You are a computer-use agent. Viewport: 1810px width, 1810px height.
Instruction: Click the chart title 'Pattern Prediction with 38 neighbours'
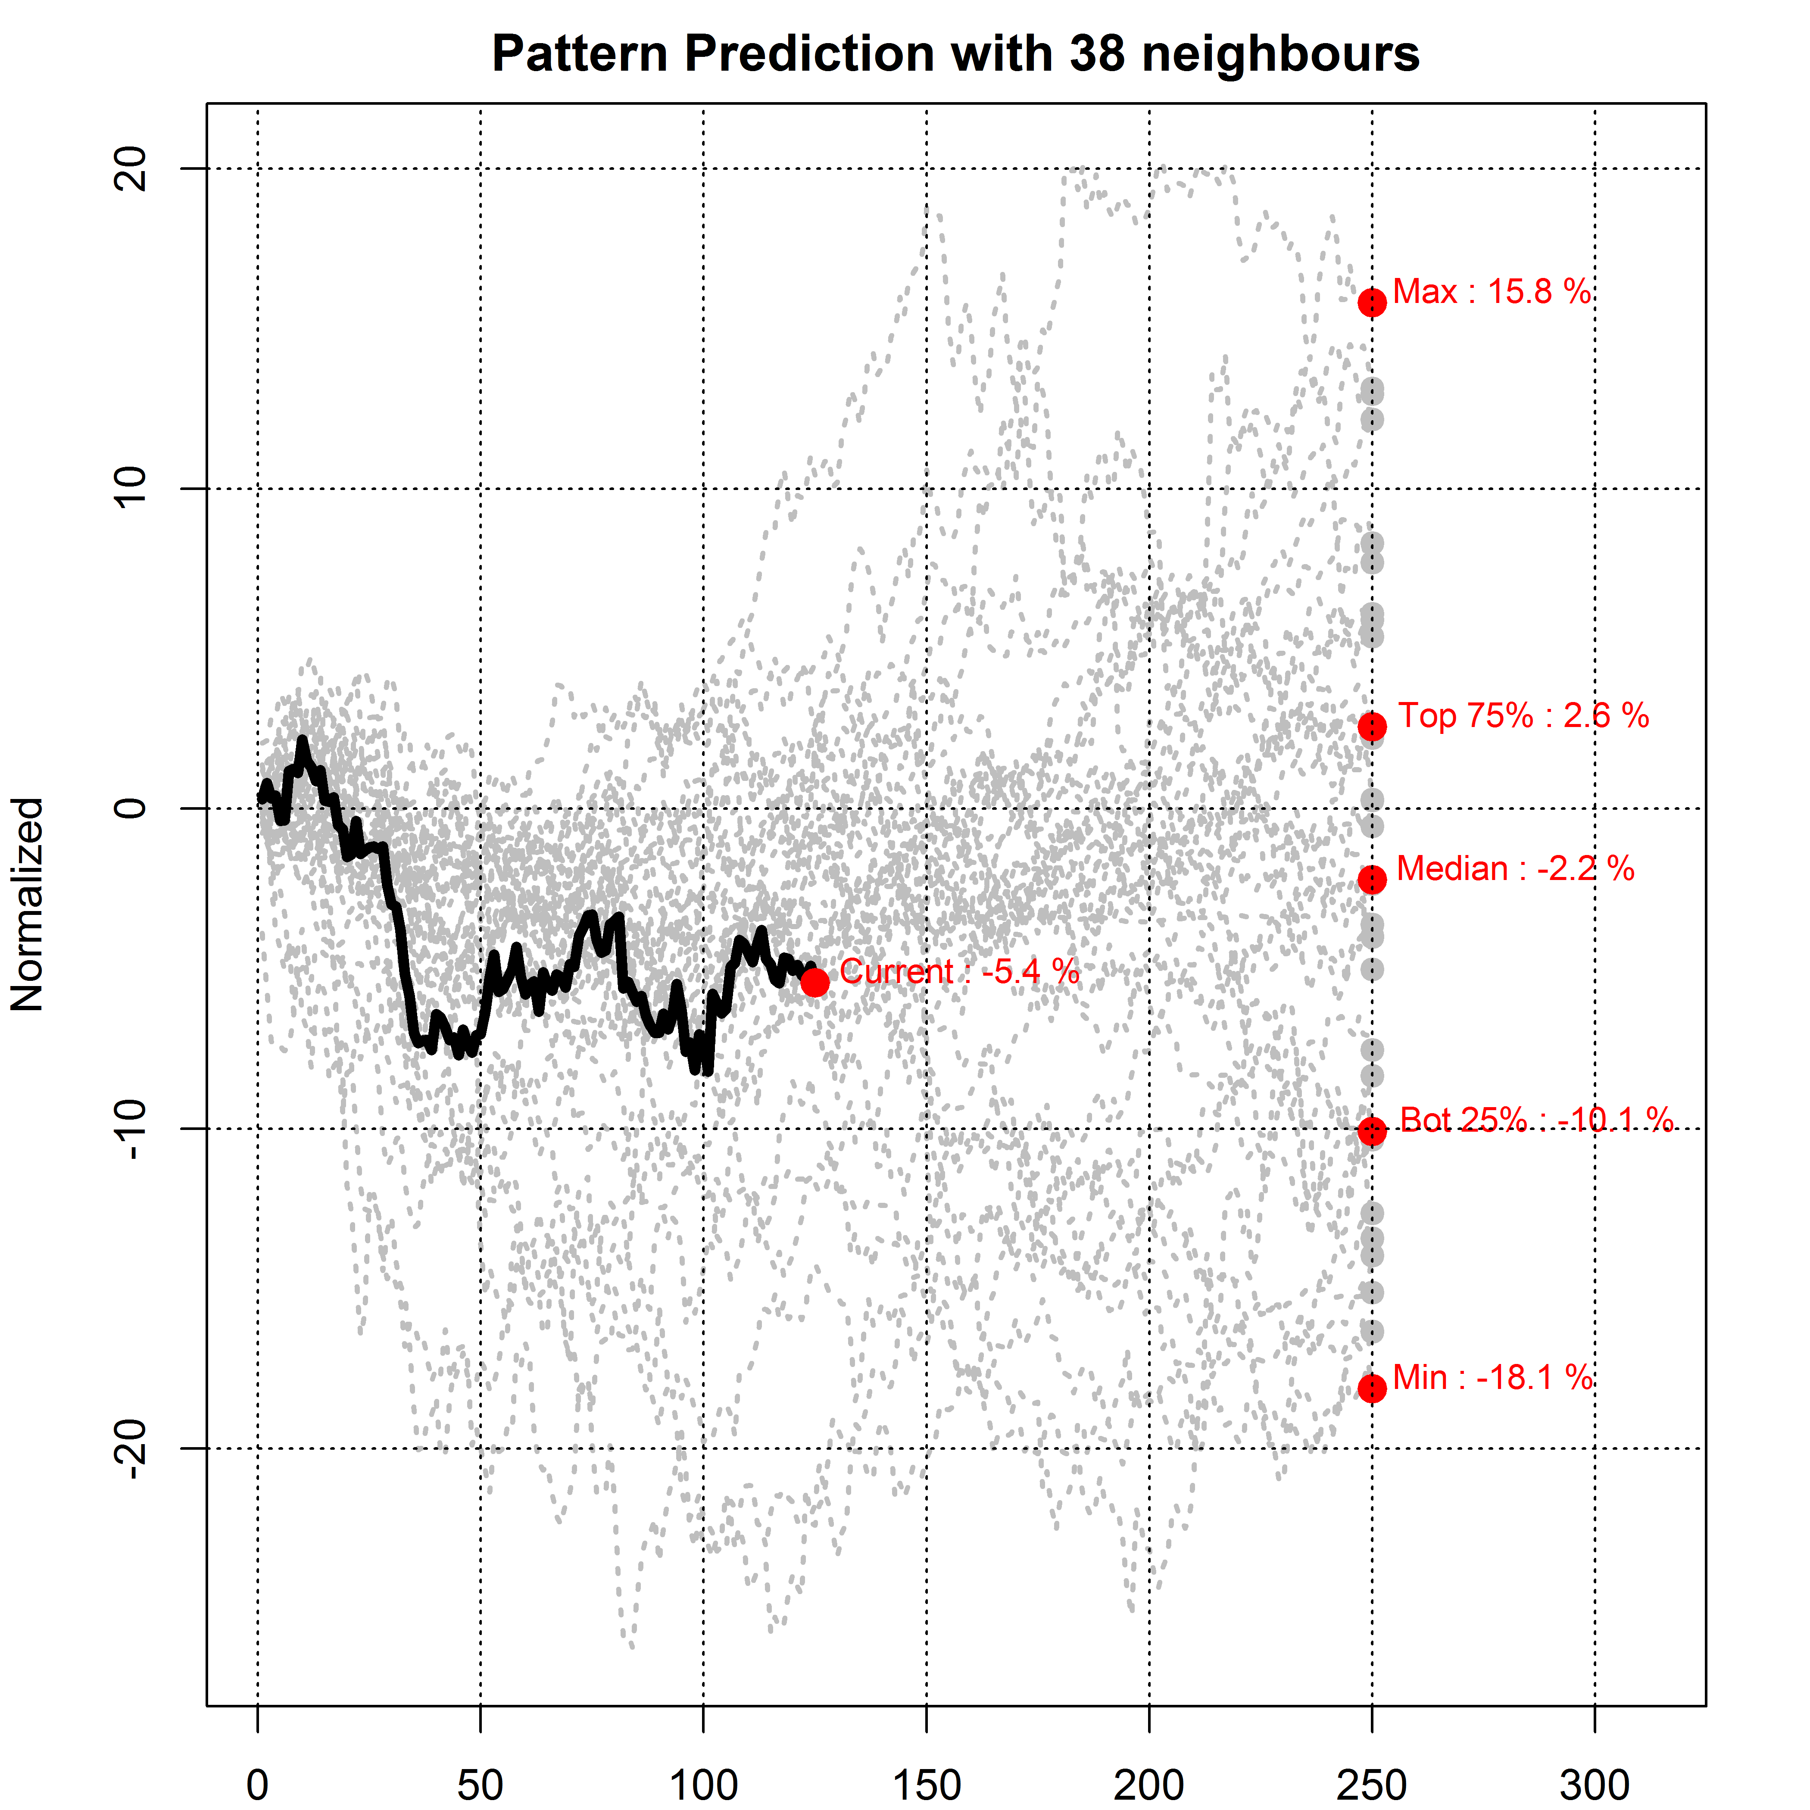(x=955, y=53)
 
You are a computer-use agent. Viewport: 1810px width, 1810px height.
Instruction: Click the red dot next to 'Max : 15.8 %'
(x=1372, y=303)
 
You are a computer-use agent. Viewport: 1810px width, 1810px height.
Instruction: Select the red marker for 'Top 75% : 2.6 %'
(x=1372, y=726)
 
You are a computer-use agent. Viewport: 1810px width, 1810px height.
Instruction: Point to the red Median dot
(x=1372, y=879)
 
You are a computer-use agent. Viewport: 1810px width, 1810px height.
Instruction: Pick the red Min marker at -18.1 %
(x=1372, y=1388)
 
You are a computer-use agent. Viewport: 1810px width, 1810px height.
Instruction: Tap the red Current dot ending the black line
(x=814, y=982)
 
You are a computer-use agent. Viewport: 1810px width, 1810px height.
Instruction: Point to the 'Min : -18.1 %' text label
(x=1492, y=1377)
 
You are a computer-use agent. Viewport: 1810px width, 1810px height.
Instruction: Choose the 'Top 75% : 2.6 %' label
(x=1523, y=716)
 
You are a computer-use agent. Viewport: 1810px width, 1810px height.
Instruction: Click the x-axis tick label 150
(x=927, y=1785)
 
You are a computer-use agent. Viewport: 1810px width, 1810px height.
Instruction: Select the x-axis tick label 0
(x=258, y=1785)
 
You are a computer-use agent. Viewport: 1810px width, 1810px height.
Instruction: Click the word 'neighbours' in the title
(x=1281, y=53)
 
